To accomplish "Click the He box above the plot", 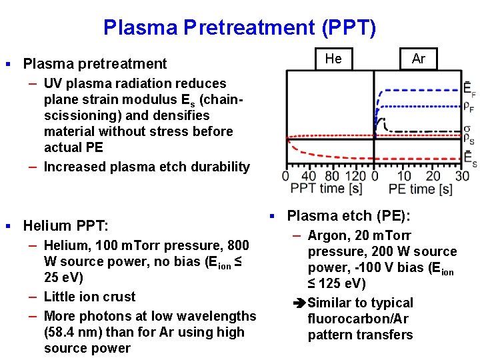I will (x=333, y=59).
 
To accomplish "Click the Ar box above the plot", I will (x=418, y=59).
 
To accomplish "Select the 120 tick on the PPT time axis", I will (x=357, y=176).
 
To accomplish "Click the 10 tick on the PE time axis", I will (x=404, y=176).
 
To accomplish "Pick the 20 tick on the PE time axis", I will (x=433, y=176).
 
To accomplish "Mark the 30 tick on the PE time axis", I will (x=461, y=176).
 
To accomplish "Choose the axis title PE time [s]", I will (x=420, y=189).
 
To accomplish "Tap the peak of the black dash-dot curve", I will (x=377, y=119).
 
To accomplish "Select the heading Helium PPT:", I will (x=65, y=225).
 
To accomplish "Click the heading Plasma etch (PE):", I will (x=349, y=216).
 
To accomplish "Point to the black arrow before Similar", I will (x=299, y=303).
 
